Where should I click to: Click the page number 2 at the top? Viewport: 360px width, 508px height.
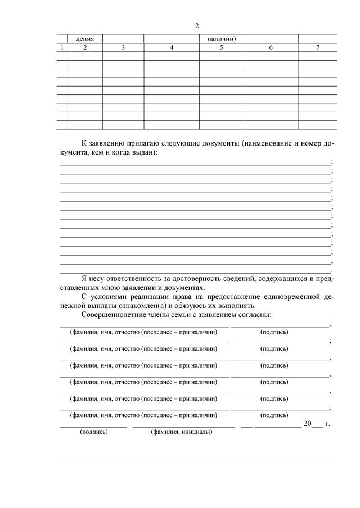point(197,26)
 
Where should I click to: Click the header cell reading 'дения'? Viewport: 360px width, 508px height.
point(85,39)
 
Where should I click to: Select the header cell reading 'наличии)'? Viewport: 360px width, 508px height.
point(221,39)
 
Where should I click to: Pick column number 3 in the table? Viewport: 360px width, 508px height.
point(123,48)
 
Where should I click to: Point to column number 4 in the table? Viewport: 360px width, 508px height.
point(172,48)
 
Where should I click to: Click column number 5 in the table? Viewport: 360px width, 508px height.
point(221,48)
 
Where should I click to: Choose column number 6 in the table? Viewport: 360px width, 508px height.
point(271,48)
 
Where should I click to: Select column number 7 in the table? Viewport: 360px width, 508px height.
point(318,48)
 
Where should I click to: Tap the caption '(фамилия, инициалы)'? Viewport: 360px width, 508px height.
point(178,433)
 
